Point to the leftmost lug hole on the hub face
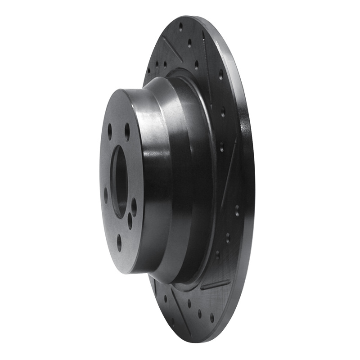coord(106,195)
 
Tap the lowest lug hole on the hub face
coord(119,242)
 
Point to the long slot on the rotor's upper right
coord(207,54)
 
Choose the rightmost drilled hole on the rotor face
coord(237,208)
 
